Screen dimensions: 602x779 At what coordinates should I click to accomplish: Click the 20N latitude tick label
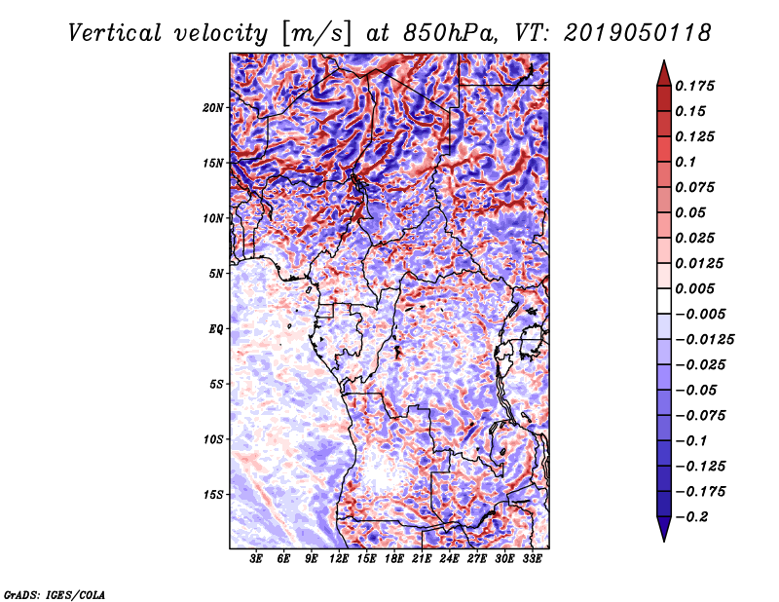tap(213, 107)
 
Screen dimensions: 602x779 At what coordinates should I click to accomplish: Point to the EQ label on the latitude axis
tap(216, 328)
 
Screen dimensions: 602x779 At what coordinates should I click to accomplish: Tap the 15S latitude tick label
tap(213, 494)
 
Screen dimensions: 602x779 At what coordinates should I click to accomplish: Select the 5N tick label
tap(216, 273)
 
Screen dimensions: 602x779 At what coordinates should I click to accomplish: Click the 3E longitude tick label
tap(256, 559)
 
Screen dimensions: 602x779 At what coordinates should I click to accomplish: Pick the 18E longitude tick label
tap(394, 559)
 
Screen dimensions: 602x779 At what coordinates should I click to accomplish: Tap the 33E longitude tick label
tap(532, 559)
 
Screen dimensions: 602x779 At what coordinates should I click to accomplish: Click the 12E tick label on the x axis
tap(339, 559)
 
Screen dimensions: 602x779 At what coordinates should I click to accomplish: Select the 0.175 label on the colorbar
tap(697, 86)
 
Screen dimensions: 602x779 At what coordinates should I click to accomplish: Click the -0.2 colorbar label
tap(693, 516)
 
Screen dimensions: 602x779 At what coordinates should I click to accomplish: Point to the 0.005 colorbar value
tap(697, 288)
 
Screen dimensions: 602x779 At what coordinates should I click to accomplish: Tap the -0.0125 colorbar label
tap(704, 339)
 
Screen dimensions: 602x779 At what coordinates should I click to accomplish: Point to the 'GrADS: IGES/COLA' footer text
tap(55, 592)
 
